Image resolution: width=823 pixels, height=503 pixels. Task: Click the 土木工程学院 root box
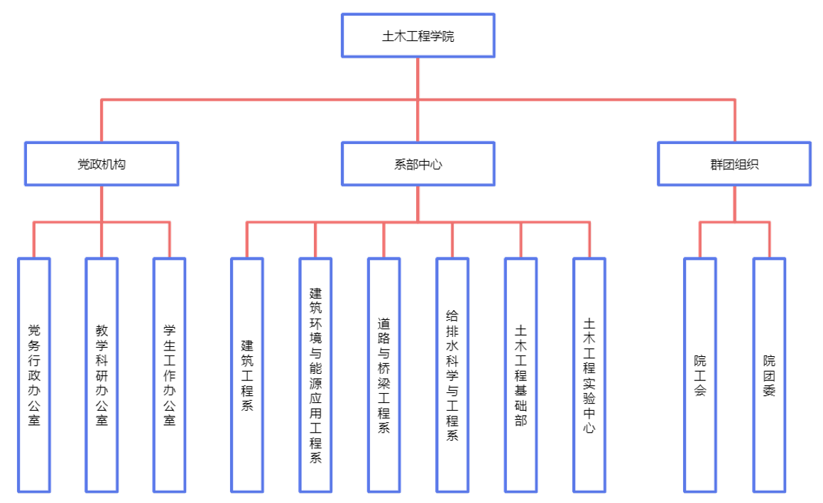coord(418,35)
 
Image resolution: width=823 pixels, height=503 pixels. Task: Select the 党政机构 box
coord(102,164)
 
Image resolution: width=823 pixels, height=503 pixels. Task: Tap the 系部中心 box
coord(418,164)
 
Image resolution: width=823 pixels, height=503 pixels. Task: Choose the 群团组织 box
coord(734,164)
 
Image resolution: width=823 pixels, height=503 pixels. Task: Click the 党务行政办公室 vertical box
coord(34,375)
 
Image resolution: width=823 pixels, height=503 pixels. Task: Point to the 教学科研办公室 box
coord(102,375)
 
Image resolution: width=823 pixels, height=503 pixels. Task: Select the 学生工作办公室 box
coord(170,375)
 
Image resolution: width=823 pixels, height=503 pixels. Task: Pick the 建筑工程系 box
coord(247,375)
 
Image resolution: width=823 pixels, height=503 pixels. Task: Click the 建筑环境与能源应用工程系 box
coord(315,375)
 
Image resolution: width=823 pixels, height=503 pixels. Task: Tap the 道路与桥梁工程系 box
coord(383,375)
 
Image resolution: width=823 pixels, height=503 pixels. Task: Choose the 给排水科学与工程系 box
coord(452,375)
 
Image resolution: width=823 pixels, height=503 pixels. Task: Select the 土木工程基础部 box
coord(520,375)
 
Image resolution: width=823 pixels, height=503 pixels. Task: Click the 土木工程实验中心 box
coord(589,375)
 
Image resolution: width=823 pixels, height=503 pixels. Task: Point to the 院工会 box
coord(700,375)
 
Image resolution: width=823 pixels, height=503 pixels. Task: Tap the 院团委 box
coord(769,375)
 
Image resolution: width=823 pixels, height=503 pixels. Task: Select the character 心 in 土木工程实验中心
coord(589,428)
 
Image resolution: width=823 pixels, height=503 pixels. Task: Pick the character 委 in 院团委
coord(769,389)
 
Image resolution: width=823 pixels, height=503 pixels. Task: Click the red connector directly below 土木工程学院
coord(418,78)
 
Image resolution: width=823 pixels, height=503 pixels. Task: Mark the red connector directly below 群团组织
coord(734,204)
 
